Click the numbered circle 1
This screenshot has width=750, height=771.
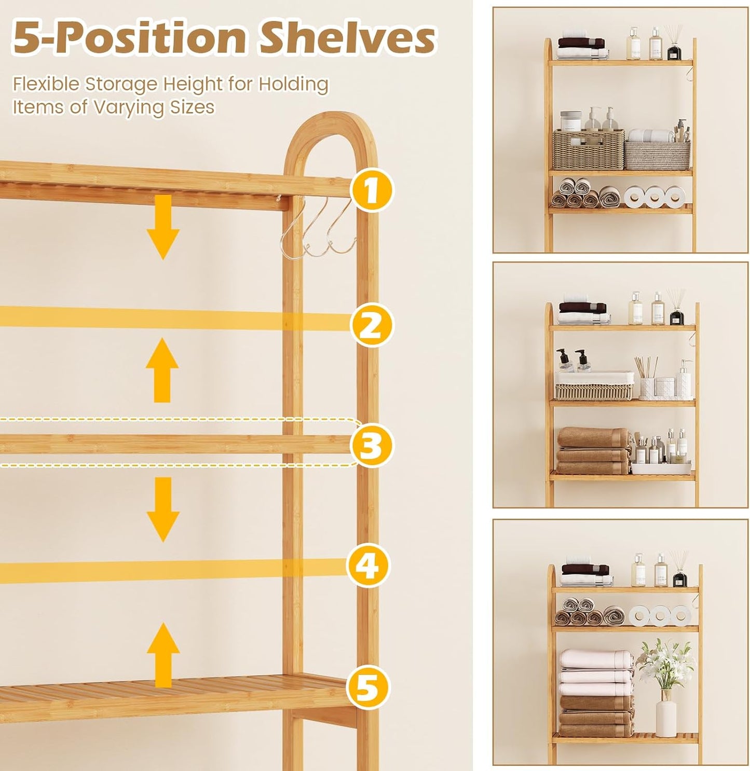pos(371,190)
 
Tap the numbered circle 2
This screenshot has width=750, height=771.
pos(371,325)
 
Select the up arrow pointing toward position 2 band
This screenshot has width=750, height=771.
pos(162,370)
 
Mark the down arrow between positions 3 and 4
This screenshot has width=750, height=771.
pos(163,509)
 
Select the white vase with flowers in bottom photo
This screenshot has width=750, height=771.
pos(666,713)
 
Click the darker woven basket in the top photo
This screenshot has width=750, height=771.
pos(588,149)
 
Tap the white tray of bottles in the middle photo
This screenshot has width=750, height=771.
pos(661,467)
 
